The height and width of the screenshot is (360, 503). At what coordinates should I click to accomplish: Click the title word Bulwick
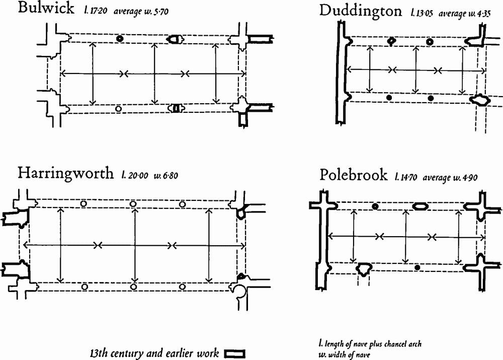click(x=46, y=8)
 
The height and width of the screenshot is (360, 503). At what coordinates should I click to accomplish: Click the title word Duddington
click(x=360, y=11)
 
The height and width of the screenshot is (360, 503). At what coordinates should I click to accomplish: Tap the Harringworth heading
click(x=65, y=173)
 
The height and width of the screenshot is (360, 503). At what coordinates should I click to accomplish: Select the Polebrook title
click(x=354, y=175)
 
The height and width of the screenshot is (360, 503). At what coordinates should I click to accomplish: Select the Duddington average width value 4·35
click(x=484, y=14)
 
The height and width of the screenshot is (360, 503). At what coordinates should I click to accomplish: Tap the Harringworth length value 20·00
click(x=138, y=175)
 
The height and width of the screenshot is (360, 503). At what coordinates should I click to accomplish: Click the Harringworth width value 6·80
click(x=170, y=176)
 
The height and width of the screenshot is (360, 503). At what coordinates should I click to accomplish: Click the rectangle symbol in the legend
click(x=234, y=354)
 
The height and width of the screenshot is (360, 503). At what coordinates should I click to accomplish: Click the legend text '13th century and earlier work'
click(x=154, y=353)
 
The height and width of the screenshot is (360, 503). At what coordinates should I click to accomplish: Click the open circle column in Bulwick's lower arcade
click(x=118, y=109)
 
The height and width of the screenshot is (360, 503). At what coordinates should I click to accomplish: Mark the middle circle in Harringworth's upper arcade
click(x=133, y=204)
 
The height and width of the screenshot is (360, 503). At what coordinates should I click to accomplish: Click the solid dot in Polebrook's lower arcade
click(x=417, y=267)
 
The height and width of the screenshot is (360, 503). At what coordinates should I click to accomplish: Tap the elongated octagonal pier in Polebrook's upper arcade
click(x=420, y=206)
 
